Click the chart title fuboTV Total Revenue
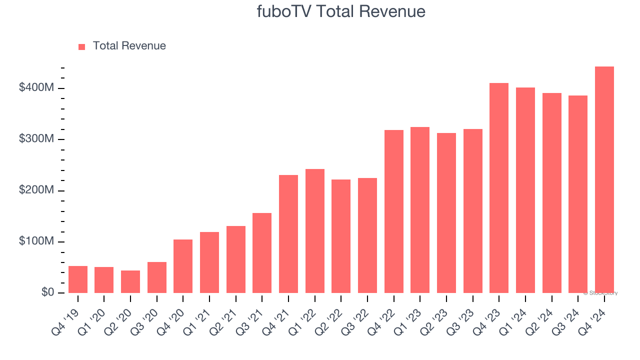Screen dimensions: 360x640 pyautogui.click(x=341, y=11)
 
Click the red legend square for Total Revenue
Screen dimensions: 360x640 pyautogui.click(x=82, y=46)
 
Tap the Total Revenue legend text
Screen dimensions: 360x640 pyautogui.click(x=129, y=46)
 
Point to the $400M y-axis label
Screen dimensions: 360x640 pyautogui.click(x=36, y=88)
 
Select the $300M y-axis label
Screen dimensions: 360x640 pyautogui.click(x=36, y=139)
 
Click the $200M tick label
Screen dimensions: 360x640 pyautogui.click(x=36, y=190)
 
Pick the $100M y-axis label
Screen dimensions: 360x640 pyautogui.click(x=36, y=241)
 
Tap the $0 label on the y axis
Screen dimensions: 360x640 pyautogui.click(x=48, y=292)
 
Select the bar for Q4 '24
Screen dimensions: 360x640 pyautogui.click(x=604, y=180)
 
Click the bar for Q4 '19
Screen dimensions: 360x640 pyautogui.click(x=78, y=279)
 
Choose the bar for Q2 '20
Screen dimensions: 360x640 pyautogui.click(x=130, y=282)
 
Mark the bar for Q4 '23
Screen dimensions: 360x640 pyautogui.click(x=499, y=188)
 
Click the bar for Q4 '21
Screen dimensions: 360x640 pyautogui.click(x=288, y=234)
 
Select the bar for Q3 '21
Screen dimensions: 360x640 pyautogui.click(x=262, y=253)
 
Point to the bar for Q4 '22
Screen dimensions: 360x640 pyautogui.click(x=394, y=211)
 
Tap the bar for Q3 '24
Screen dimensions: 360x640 pyautogui.click(x=578, y=194)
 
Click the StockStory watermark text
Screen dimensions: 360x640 pyautogui.click(x=600, y=293)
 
